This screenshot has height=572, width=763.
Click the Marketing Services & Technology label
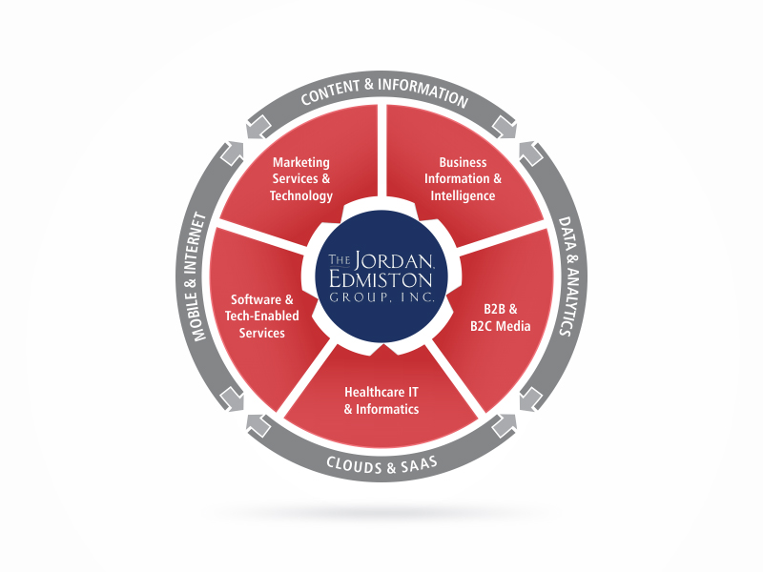tap(301, 179)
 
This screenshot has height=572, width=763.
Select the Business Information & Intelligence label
tap(463, 179)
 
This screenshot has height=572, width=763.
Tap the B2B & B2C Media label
tap(500, 317)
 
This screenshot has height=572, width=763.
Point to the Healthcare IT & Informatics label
tap(381, 400)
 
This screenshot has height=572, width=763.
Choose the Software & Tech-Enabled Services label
tap(261, 317)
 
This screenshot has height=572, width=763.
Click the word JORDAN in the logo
tap(394, 260)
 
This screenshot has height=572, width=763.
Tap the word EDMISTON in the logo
tap(381, 280)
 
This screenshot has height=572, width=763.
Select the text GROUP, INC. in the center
tap(381, 297)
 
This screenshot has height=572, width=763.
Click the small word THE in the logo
tap(340, 259)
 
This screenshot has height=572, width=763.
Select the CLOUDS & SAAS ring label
tap(382, 465)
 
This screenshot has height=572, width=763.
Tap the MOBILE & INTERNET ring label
tap(196, 276)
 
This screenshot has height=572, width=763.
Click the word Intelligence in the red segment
tap(463, 195)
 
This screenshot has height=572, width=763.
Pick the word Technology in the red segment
tap(301, 195)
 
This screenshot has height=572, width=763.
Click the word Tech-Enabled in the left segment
tap(261, 317)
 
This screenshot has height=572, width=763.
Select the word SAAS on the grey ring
tap(420, 464)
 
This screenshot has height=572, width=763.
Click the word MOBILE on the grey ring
tap(198, 316)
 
